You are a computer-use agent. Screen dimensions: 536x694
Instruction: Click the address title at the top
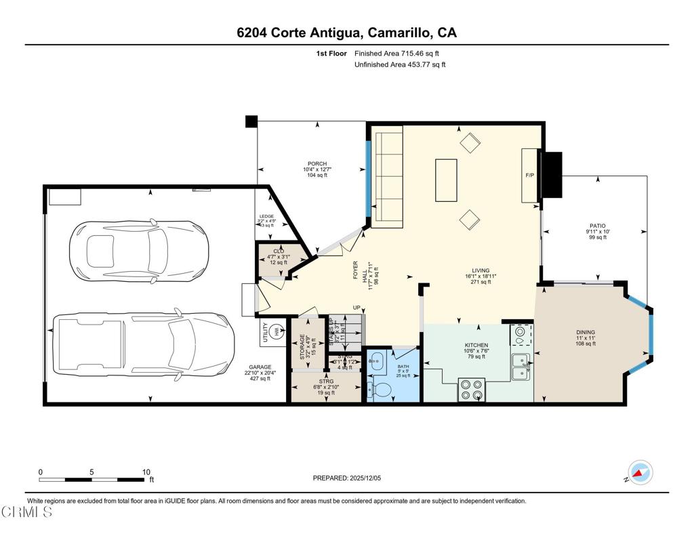point(346,33)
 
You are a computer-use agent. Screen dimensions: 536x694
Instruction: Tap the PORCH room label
point(317,164)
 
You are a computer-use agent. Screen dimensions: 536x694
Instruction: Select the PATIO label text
point(597,226)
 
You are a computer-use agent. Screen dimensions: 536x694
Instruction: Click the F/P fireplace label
point(530,176)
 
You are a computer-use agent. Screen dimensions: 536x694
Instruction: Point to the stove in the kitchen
point(471,390)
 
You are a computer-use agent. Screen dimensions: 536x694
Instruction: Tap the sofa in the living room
point(388,180)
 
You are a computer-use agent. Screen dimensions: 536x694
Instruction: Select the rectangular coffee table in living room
point(446,180)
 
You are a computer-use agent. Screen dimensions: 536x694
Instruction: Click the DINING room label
point(585,333)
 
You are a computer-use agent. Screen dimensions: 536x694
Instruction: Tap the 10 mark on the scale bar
point(146,472)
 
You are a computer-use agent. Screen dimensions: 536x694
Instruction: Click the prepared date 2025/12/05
point(348,478)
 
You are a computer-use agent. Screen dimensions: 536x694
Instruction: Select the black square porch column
point(251,121)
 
